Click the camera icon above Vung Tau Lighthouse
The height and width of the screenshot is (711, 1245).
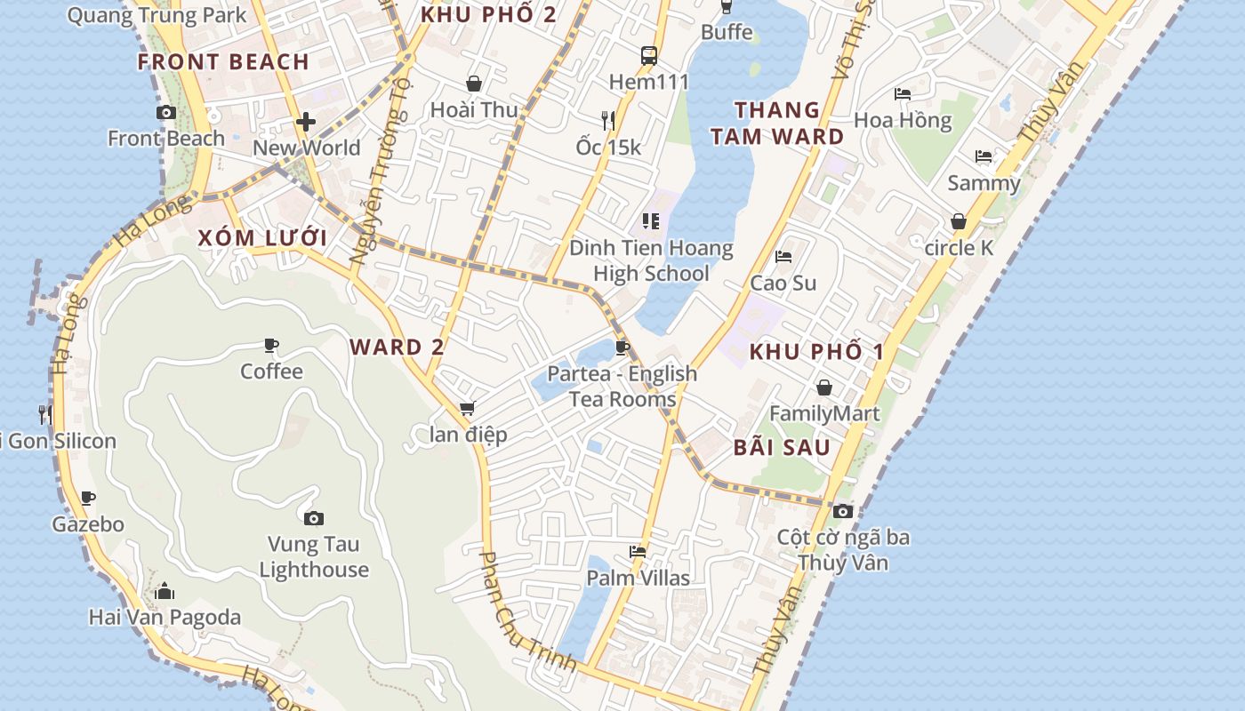click(x=313, y=518)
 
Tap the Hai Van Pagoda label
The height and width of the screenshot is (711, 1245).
click(x=165, y=617)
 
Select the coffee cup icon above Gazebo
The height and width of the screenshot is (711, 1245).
click(x=87, y=498)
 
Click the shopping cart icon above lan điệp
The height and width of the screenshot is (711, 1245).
click(x=468, y=408)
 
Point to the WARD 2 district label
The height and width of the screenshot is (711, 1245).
click(x=397, y=348)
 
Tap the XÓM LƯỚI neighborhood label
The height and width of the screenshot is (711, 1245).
click(x=262, y=238)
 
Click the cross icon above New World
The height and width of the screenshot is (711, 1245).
click(x=307, y=122)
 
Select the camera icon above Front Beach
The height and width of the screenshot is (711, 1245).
click(x=165, y=112)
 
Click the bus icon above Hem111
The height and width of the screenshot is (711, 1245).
click(x=649, y=56)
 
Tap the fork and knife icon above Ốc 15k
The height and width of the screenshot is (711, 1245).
click(x=608, y=120)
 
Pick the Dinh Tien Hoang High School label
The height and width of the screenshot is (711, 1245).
click(x=651, y=260)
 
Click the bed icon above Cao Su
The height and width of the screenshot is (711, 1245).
click(x=783, y=257)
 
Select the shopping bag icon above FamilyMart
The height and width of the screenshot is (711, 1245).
click(x=824, y=387)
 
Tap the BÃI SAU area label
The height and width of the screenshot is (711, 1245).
click(x=782, y=448)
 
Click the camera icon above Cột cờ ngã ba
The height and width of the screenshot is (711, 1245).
click(x=843, y=511)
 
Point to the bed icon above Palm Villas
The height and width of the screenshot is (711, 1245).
click(x=638, y=552)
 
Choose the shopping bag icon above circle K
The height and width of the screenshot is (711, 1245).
click(x=959, y=221)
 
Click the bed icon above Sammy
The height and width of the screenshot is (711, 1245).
click(x=984, y=156)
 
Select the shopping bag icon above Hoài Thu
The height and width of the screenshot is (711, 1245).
click(x=474, y=84)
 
